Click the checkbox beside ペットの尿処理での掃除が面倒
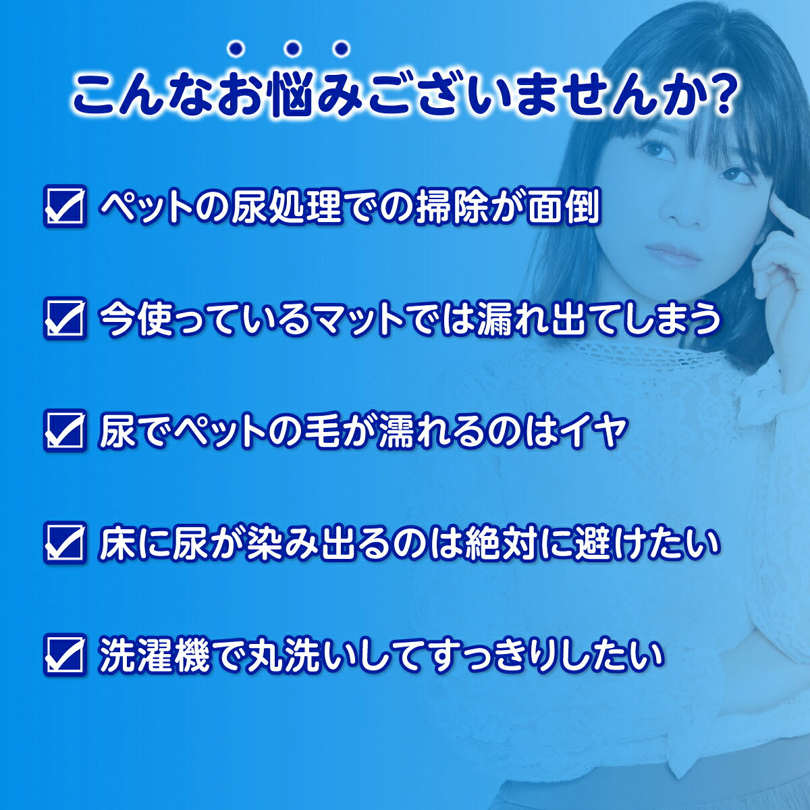(65, 208)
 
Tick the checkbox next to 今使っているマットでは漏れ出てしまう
(65, 319)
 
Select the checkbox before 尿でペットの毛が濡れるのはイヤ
(65, 431)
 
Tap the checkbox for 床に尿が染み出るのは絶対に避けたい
(65, 543)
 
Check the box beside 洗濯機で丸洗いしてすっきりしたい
(65, 655)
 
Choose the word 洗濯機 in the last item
(155, 655)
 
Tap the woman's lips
(670, 254)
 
